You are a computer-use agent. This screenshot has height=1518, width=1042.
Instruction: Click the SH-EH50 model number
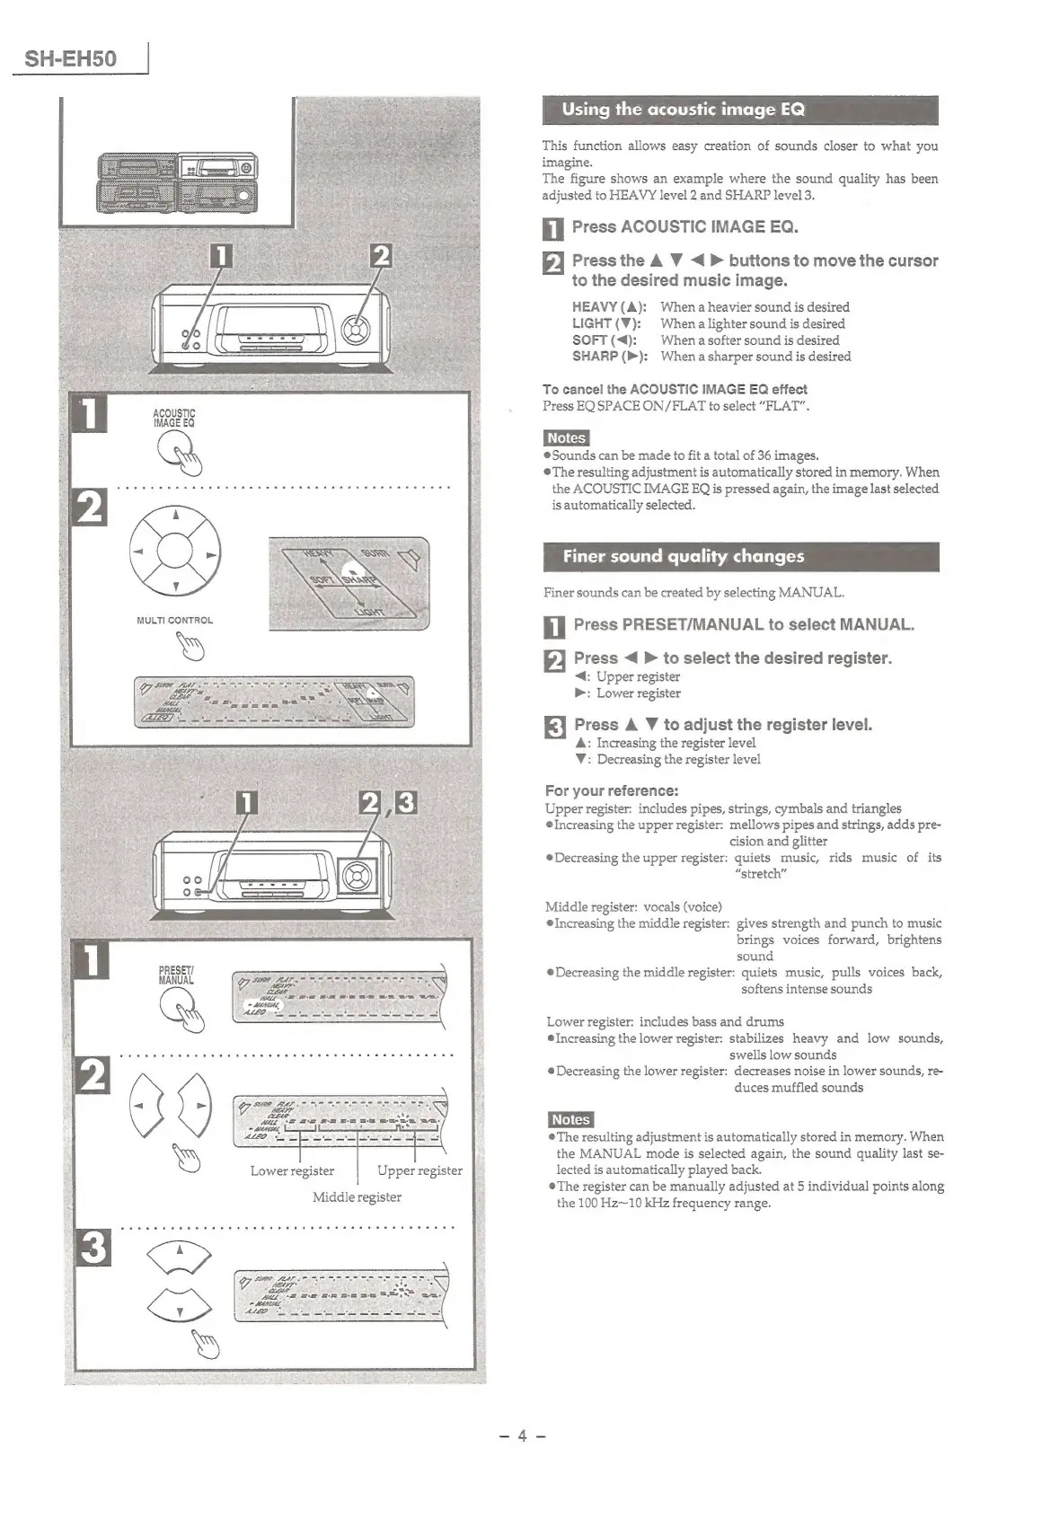(x=70, y=59)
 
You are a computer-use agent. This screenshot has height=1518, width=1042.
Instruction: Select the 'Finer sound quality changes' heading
(x=683, y=556)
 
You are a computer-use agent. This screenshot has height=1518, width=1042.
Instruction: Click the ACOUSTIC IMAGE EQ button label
(x=174, y=418)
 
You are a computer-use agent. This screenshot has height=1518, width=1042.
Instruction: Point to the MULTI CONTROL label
(x=174, y=620)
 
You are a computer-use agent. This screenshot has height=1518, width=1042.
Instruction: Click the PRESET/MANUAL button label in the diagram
(x=176, y=975)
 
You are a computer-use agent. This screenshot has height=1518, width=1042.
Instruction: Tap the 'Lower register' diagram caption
(x=292, y=1170)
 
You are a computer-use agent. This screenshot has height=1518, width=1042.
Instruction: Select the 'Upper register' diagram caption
(x=419, y=1170)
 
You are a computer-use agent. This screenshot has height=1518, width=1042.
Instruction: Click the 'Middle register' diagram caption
(x=357, y=1196)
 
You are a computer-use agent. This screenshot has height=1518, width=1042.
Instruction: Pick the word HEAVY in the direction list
(x=595, y=307)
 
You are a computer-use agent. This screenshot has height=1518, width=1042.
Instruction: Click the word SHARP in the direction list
(x=594, y=357)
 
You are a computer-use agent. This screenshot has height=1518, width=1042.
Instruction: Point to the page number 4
(x=521, y=1434)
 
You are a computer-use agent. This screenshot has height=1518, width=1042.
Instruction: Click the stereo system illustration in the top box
(x=176, y=180)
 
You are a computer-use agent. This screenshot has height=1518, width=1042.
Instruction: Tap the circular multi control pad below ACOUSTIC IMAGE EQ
(x=176, y=552)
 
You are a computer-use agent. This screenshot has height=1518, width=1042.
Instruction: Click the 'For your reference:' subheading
(x=611, y=790)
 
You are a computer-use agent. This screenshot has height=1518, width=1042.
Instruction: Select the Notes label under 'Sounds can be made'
(x=566, y=438)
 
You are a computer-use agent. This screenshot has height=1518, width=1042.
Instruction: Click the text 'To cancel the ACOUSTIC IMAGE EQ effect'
(x=675, y=389)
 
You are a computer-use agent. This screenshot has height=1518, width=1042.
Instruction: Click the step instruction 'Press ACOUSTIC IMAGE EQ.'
(x=684, y=226)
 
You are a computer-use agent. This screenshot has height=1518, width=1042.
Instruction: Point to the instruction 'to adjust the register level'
(x=767, y=724)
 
